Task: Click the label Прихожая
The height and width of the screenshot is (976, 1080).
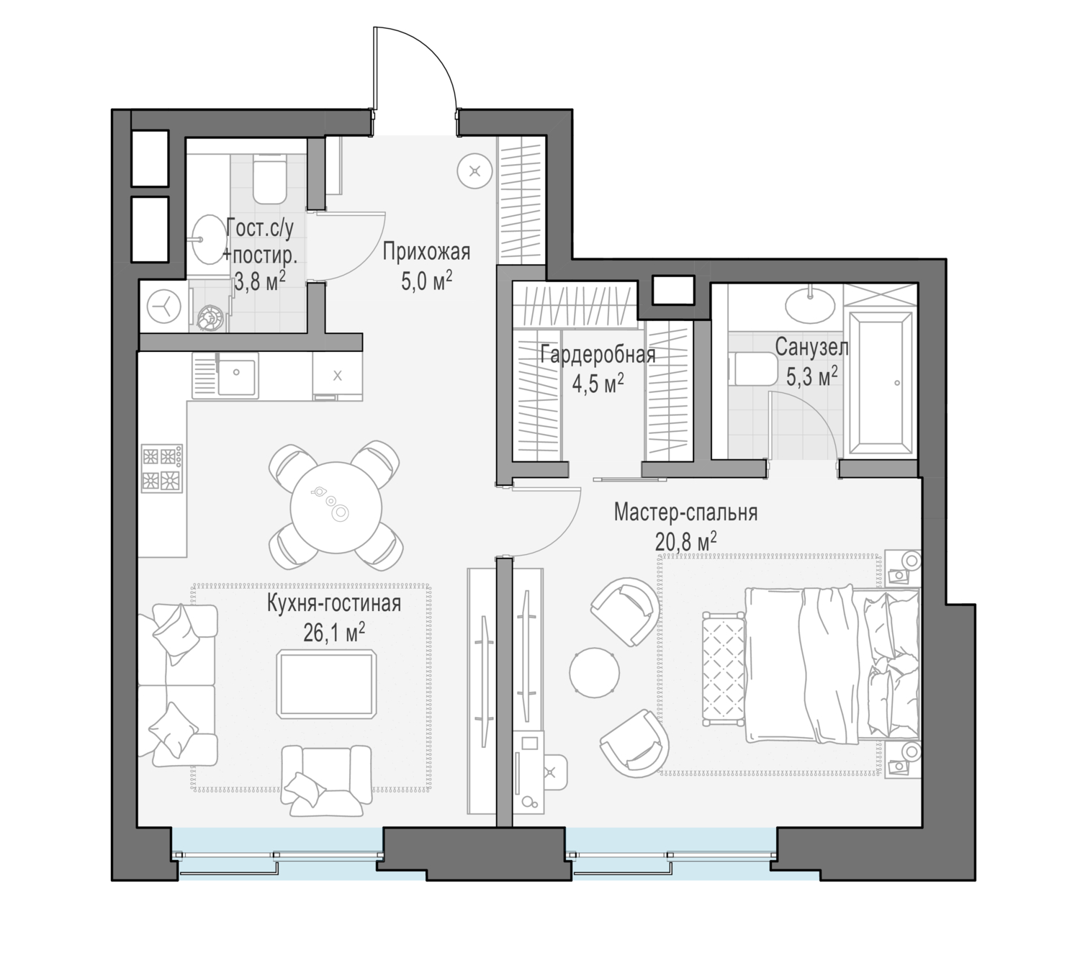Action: (x=426, y=252)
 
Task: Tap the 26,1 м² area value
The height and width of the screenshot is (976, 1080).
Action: (x=334, y=633)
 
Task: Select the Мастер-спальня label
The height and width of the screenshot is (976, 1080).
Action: (x=685, y=512)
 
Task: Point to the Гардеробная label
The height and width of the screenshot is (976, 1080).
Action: (x=598, y=355)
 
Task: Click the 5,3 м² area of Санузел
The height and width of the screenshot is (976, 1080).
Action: (x=812, y=377)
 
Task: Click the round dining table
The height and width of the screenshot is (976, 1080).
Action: (x=336, y=507)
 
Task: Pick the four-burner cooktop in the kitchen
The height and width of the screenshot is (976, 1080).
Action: (x=161, y=469)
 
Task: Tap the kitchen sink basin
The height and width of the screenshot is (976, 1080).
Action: (x=236, y=375)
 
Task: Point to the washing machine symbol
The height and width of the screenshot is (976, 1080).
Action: (x=163, y=307)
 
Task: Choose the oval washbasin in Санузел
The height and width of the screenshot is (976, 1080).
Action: (x=810, y=304)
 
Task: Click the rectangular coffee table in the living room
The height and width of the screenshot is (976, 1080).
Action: (x=326, y=684)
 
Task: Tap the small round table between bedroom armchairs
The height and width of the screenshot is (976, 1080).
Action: (x=595, y=673)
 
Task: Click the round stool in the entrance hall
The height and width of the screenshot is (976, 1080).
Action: (x=474, y=171)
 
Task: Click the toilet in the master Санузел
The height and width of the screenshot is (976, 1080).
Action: (x=752, y=369)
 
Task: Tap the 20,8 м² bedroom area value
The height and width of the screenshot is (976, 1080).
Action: (x=686, y=541)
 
